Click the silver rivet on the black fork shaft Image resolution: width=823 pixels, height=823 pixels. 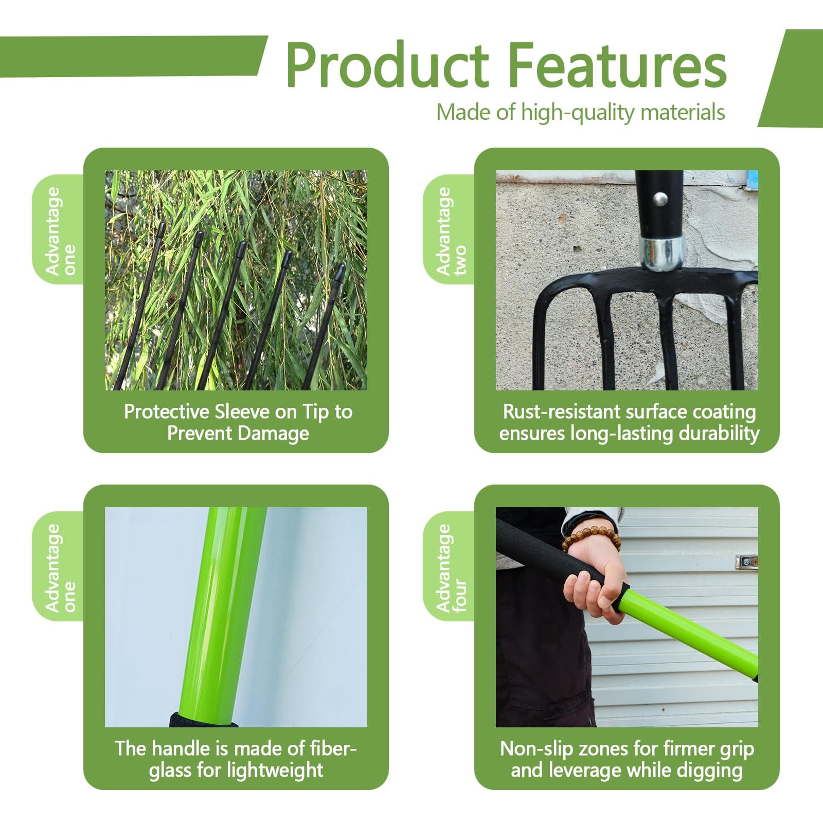(x=659, y=197)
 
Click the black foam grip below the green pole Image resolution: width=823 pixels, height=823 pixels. (x=203, y=720)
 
